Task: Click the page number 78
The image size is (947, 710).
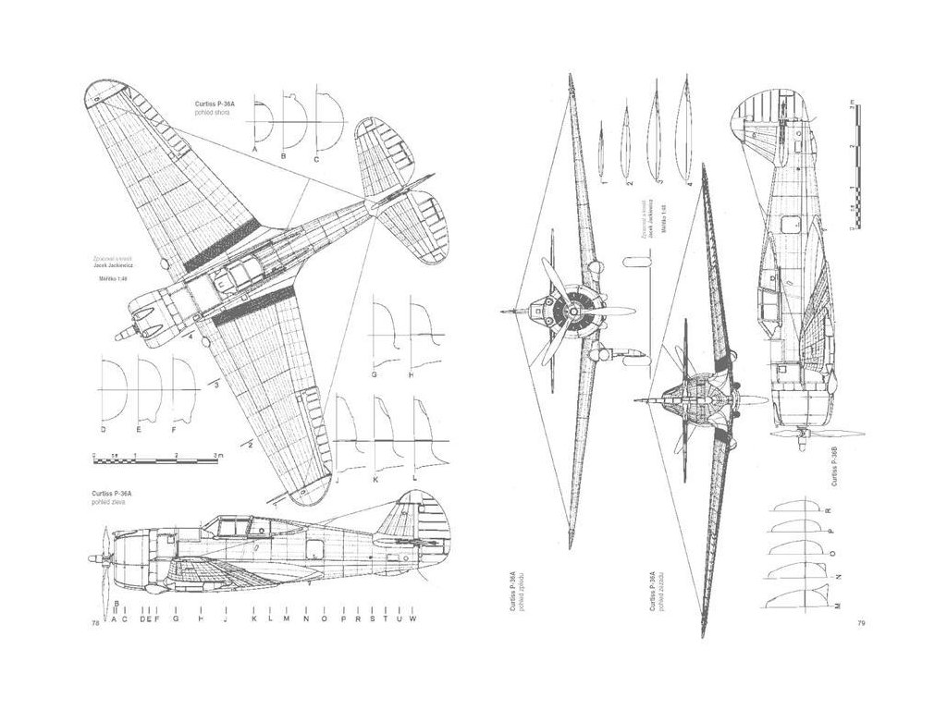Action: tap(94, 624)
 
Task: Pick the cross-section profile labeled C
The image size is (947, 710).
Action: tap(327, 120)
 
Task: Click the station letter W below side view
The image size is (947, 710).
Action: tap(413, 618)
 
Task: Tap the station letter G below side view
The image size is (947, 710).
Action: tap(174, 618)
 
